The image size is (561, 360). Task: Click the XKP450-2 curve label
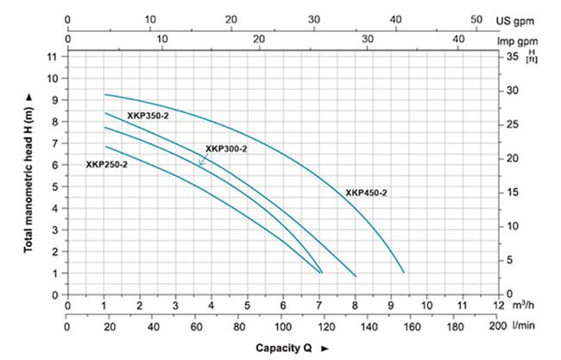tap(366, 193)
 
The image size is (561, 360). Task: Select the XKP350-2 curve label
tap(148, 115)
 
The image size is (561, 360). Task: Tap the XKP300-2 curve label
tap(226, 148)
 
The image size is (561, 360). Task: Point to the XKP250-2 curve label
tap(106, 164)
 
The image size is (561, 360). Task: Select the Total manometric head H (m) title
tap(28, 173)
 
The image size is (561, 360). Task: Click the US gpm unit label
tap(515, 19)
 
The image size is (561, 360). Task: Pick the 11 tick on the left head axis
tap(52, 57)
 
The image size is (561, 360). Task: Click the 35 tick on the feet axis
tap(511, 57)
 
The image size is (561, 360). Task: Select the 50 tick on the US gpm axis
tap(475, 19)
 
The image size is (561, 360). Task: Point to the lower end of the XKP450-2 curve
tap(403, 272)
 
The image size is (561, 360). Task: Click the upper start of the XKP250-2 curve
tap(105, 146)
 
